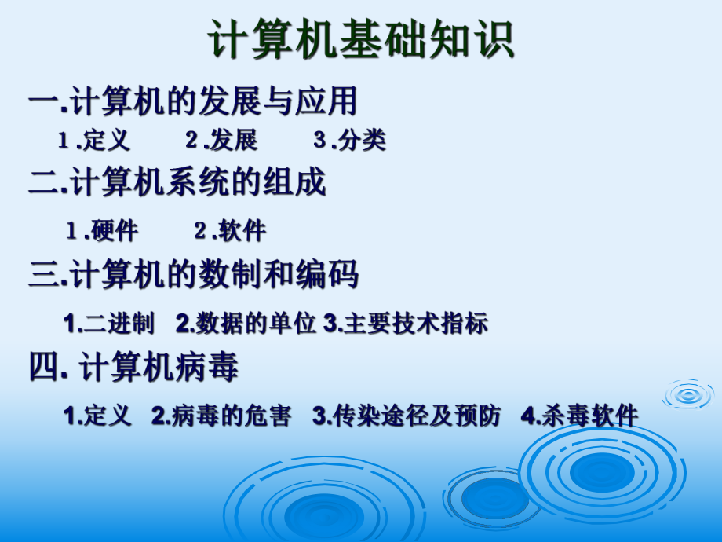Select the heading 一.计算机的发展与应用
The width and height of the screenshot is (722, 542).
click(193, 101)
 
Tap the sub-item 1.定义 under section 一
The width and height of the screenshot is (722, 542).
click(93, 141)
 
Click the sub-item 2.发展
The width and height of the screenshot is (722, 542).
click(221, 141)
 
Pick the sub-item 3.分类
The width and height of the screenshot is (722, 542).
click(350, 141)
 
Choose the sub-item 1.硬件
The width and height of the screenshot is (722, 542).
click(102, 230)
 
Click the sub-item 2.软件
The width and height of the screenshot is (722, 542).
click(230, 230)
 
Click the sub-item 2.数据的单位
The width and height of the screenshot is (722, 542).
click(246, 323)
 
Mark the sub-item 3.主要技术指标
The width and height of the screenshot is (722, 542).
click(406, 323)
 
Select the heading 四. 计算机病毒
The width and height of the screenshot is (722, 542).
click(133, 368)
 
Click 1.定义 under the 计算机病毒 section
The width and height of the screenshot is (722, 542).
click(98, 416)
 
